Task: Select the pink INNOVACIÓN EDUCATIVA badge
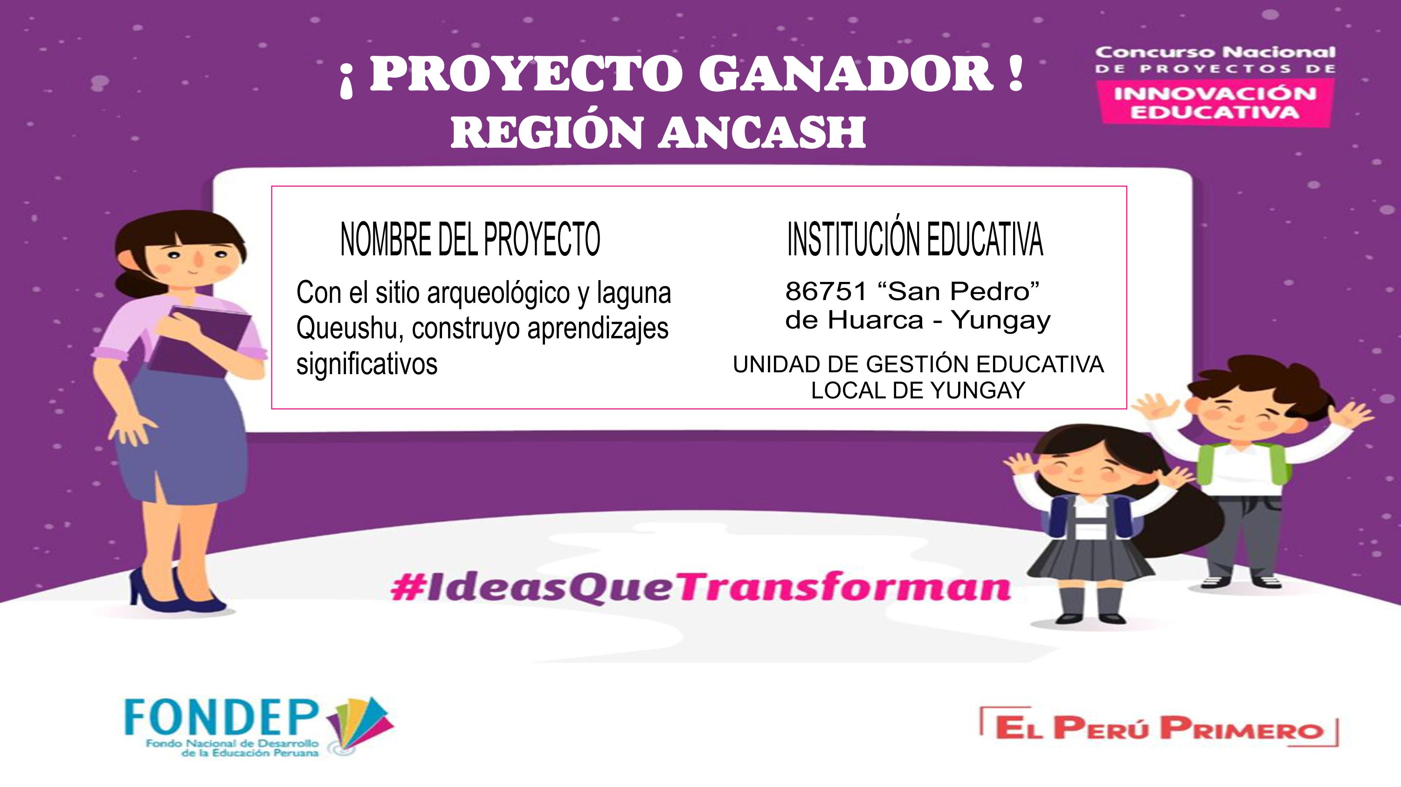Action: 1215,103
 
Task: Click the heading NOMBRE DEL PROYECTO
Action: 470,239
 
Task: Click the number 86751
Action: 826,291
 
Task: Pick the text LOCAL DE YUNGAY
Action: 918,390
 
